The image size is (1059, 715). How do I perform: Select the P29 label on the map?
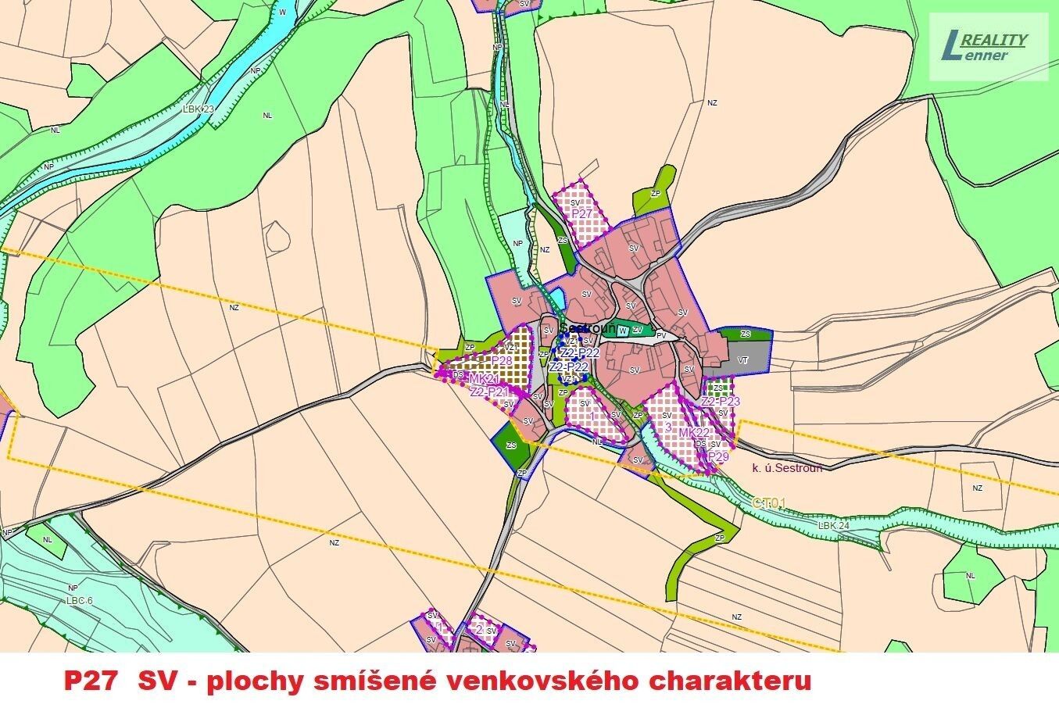[718, 456]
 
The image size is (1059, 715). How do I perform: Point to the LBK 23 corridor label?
[198, 109]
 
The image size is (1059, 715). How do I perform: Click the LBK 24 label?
[834, 526]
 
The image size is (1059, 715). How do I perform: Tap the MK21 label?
[484, 379]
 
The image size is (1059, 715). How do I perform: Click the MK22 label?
[694, 433]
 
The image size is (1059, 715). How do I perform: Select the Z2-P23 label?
[721, 402]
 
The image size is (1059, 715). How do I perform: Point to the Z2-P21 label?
[489, 391]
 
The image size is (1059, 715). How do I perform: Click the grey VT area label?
[742, 360]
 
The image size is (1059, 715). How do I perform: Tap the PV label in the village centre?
[661, 335]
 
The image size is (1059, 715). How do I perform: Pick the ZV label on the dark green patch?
[638, 330]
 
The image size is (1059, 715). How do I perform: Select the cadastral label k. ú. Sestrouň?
[787, 468]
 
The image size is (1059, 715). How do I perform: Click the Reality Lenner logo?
[988, 47]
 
